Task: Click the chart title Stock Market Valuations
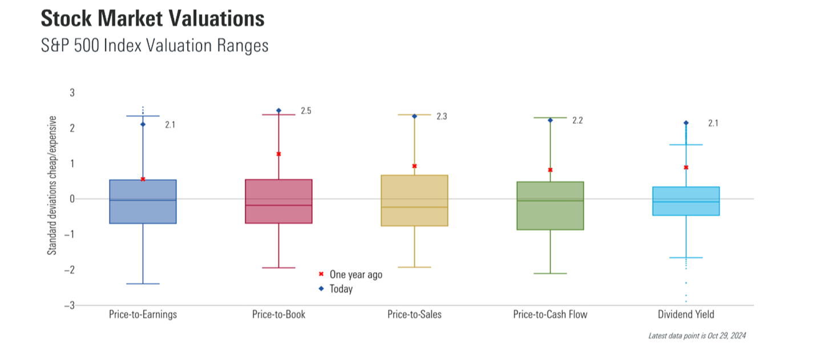[x=152, y=19]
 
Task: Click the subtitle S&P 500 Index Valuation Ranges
[x=155, y=46]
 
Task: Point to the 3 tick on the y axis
[x=72, y=93]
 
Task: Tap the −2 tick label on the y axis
[x=69, y=270]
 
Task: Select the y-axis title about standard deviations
[x=52, y=185]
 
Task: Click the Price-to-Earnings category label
[x=143, y=314]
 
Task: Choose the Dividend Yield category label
[x=686, y=314]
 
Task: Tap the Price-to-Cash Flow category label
[x=550, y=314]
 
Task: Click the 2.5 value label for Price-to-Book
[x=306, y=111]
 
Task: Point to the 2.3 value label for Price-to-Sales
[x=442, y=116]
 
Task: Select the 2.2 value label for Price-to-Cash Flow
[x=577, y=120]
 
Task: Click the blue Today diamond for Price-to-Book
[x=278, y=111]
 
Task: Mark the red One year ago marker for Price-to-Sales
[x=414, y=166]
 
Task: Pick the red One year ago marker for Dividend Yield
[x=686, y=168]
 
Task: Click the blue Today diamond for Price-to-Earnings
[x=143, y=124]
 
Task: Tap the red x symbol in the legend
[x=321, y=274]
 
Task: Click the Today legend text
[x=341, y=289]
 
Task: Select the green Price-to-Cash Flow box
[x=550, y=206]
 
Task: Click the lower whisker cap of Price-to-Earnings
[x=143, y=284]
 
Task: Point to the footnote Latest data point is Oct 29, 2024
[x=697, y=335]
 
